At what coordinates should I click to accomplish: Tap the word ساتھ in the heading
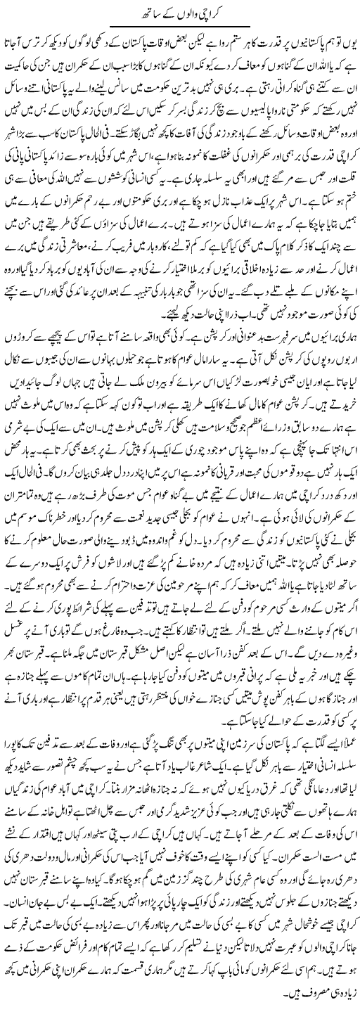click(141, 12)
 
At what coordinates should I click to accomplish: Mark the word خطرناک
click(70, 581)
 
